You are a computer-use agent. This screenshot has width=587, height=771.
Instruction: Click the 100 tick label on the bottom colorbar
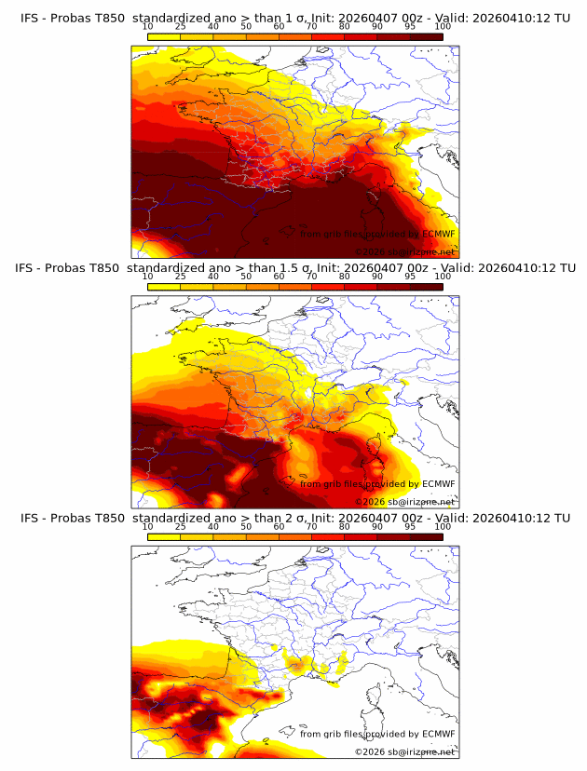pos(443,527)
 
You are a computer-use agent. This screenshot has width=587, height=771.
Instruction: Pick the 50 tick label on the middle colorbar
pos(245,277)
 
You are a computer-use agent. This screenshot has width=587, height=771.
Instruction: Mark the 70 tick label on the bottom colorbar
pos(311,527)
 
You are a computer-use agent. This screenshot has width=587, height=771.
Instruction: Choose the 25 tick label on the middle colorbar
pos(180,277)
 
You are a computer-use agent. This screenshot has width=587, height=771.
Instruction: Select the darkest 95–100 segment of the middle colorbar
pos(426,286)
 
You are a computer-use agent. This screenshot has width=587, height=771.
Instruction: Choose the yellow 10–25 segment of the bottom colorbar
pos(164,536)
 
